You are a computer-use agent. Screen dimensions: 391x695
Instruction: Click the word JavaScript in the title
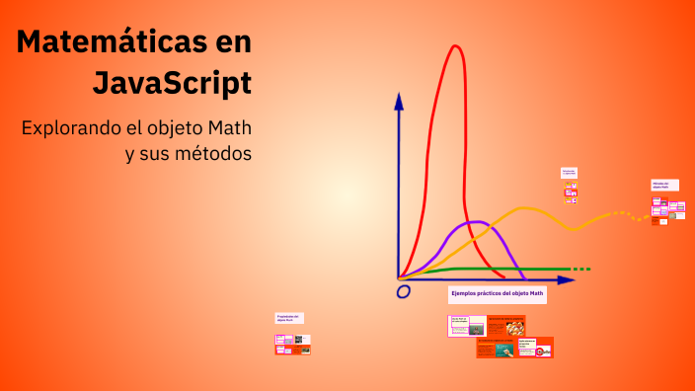click(x=172, y=83)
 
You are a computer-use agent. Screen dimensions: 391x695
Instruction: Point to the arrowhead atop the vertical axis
click(x=399, y=100)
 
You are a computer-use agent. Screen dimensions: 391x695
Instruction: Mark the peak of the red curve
click(x=455, y=47)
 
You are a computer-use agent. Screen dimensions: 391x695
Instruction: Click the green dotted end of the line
click(x=581, y=269)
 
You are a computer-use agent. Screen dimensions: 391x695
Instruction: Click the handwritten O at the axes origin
click(x=403, y=292)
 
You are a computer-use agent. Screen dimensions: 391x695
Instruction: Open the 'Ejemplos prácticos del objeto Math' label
click(x=497, y=293)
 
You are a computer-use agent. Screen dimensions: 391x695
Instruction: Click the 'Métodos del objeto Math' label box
click(x=660, y=185)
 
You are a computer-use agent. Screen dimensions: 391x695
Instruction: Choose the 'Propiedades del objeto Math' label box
click(x=288, y=318)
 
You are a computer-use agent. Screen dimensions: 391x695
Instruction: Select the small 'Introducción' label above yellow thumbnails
click(x=569, y=172)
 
